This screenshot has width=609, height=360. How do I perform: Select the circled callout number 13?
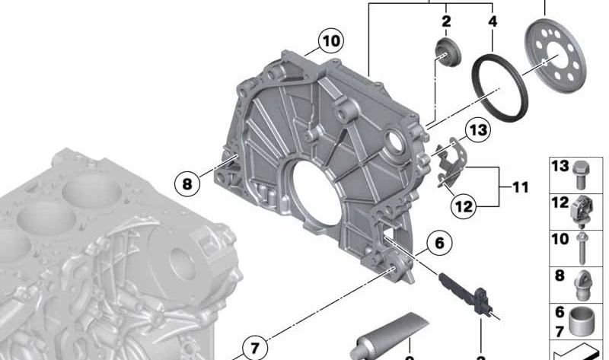(477, 131)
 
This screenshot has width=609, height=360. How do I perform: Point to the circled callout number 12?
(464, 204)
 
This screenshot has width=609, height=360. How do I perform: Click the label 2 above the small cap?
(446, 21)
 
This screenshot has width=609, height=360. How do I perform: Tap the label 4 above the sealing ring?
(493, 21)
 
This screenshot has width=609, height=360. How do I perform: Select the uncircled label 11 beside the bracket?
(520, 186)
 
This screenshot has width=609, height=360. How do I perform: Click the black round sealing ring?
(496, 87)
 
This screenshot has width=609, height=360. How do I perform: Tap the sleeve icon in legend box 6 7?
(582, 320)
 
